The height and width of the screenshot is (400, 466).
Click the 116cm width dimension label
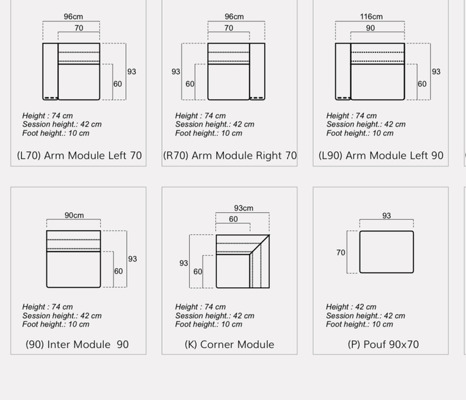point(371,17)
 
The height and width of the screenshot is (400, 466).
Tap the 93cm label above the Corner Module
point(244,208)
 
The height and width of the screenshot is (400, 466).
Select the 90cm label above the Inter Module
point(74,215)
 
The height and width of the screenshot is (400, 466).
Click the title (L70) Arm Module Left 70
point(79,155)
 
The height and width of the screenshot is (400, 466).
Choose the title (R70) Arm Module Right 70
point(230,155)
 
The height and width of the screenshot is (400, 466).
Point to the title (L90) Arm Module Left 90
point(381,155)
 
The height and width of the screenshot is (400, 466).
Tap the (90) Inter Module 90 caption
point(77,345)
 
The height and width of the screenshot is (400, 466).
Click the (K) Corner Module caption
point(229,345)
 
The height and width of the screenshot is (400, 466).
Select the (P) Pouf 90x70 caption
point(383,345)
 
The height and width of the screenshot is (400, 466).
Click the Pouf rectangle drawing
point(387,252)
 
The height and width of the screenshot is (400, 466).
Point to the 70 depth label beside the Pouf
point(341,253)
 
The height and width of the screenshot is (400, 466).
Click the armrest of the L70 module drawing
point(50,71)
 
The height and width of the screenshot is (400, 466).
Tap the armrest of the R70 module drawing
point(257,71)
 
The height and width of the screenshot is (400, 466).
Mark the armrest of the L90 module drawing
point(343,71)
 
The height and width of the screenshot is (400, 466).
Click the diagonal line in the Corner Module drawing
point(260,244)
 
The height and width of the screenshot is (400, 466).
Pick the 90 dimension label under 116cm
point(370,28)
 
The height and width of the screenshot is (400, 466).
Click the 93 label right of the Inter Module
point(133,259)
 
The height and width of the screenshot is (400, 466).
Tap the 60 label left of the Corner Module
point(197,271)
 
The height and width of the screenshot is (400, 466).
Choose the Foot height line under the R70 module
point(209,133)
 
